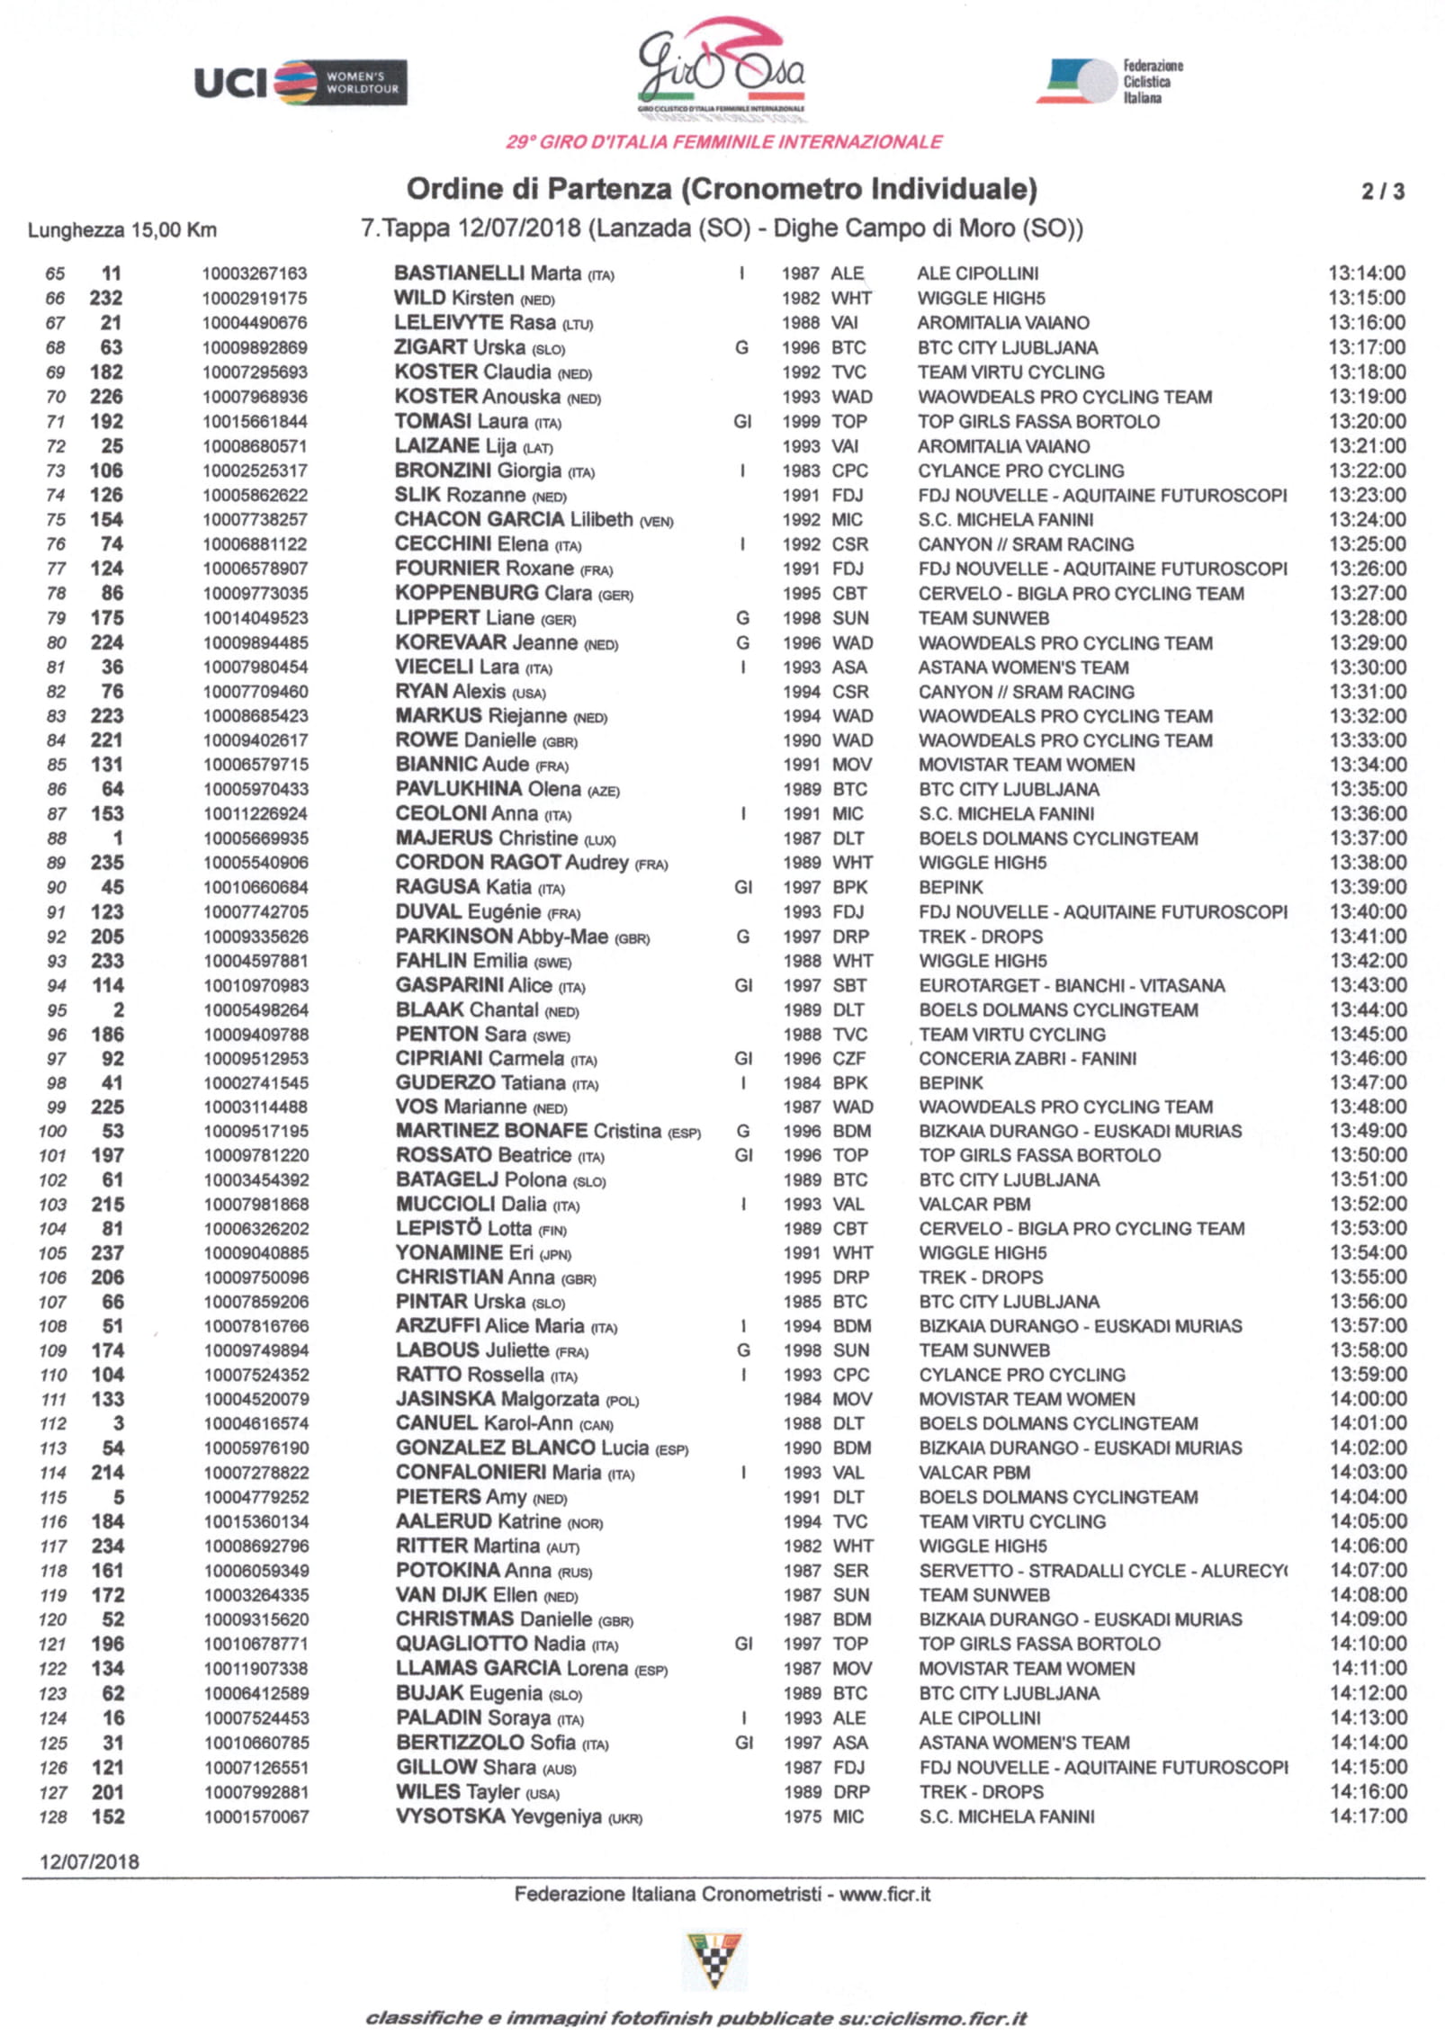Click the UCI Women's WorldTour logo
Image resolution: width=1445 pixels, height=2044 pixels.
[300, 83]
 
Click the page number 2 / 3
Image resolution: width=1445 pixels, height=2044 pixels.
[1382, 191]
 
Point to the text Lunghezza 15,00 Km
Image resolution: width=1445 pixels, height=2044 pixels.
[121, 230]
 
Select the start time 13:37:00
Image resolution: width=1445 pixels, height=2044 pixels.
[1368, 838]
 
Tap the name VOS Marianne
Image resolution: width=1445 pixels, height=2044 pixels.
[462, 1107]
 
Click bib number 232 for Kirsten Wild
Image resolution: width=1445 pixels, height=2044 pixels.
[106, 298]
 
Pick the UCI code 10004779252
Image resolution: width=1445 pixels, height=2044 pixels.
[256, 1498]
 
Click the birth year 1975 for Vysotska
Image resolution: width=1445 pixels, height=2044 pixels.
[802, 1817]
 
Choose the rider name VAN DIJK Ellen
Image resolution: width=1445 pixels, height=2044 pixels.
[467, 1595]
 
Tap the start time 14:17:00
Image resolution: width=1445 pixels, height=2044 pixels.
[1369, 1816]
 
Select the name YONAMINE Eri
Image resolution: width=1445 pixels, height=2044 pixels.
[464, 1253]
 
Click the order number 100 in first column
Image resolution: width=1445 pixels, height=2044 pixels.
[53, 1132]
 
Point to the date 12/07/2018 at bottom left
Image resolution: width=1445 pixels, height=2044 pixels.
[89, 1862]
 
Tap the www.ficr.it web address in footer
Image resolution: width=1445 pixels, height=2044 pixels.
[885, 1895]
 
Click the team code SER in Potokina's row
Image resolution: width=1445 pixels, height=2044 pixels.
[851, 1571]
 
